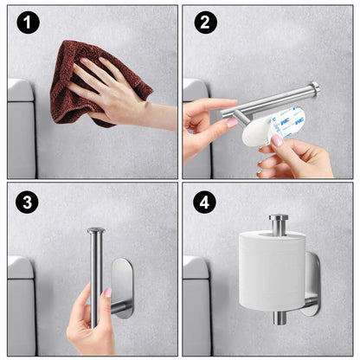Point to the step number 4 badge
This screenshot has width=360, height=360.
[x=205, y=203]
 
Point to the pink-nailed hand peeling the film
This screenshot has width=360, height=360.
[x=299, y=156]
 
